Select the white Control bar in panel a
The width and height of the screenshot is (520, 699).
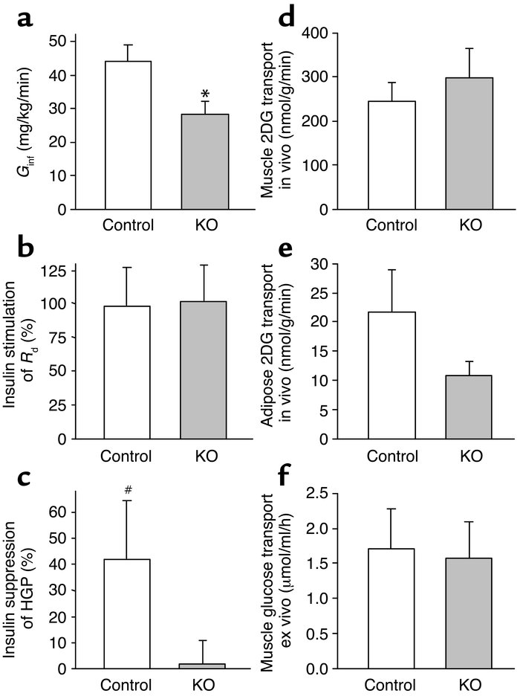128,135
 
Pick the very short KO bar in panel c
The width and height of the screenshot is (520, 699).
203,666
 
